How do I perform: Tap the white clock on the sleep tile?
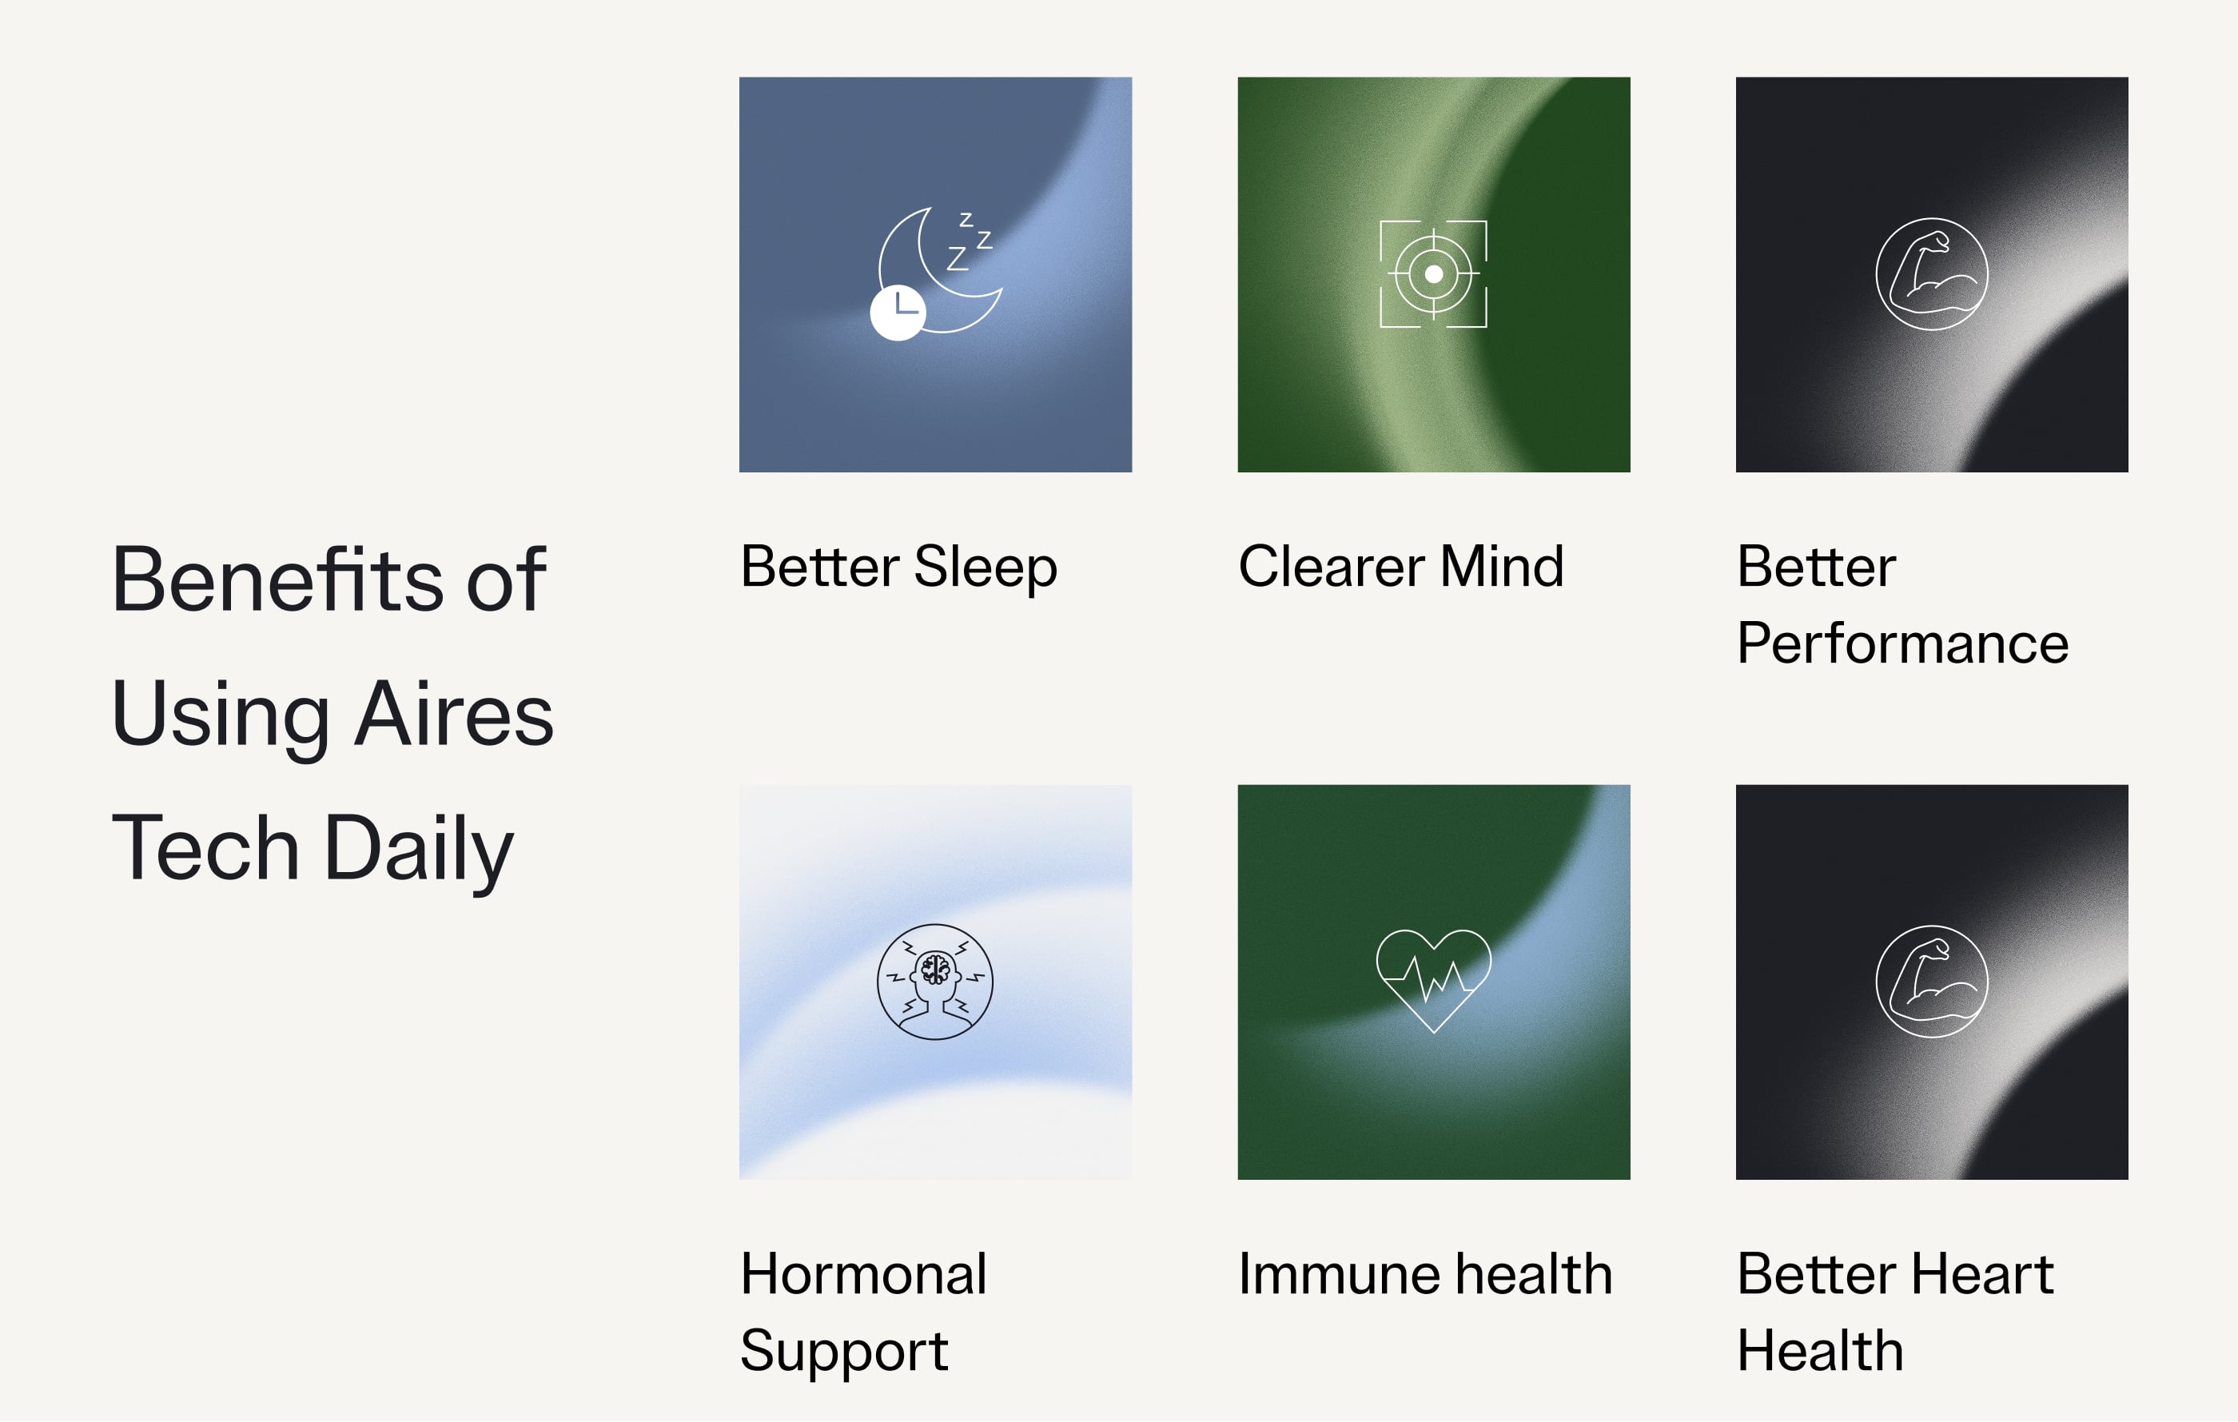[x=898, y=313]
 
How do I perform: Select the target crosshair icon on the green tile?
[x=1433, y=274]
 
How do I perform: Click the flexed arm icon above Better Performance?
[x=1931, y=274]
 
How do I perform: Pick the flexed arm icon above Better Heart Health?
[x=1931, y=982]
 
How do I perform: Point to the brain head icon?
[x=935, y=982]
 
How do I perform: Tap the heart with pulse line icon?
[x=1433, y=981]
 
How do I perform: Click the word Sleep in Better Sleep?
[x=986, y=568]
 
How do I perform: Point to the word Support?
[x=844, y=1352]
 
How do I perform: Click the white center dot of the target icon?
[x=1433, y=274]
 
